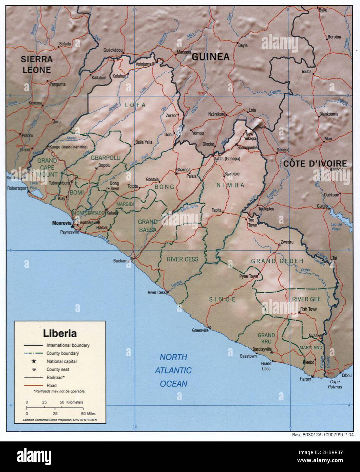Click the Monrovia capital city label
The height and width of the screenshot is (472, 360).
[61, 223]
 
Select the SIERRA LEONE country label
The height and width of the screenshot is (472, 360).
[37, 65]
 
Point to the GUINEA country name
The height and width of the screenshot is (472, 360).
[210, 57]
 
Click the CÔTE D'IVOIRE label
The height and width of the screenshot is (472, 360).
[315, 164]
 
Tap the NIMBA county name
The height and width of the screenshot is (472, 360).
[230, 185]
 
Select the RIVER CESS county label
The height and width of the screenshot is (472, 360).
[182, 259]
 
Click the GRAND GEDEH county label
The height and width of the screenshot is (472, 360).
[277, 261]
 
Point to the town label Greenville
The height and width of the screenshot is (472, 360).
[200, 330]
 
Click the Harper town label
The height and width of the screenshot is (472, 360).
[305, 379]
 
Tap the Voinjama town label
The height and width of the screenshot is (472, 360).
[143, 64]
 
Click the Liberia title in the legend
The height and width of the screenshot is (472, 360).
[60, 333]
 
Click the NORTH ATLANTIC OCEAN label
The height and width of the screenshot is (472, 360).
[173, 370]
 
